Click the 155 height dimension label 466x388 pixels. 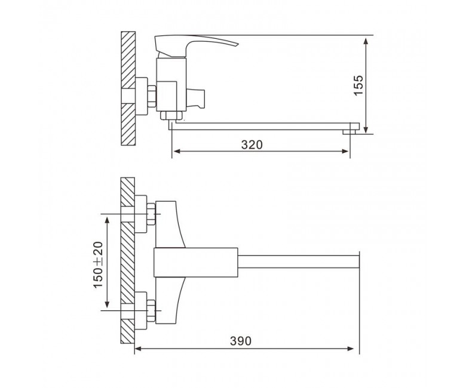click(358, 85)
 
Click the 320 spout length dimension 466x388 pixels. click(252, 145)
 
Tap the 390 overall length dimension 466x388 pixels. click(241, 341)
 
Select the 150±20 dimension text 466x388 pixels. click(98, 265)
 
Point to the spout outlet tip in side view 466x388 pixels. click(351, 132)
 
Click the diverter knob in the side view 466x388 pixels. click(195, 98)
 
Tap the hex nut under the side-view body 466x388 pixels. click(171, 115)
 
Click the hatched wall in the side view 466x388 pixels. click(128, 88)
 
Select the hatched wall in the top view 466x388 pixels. click(128, 260)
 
